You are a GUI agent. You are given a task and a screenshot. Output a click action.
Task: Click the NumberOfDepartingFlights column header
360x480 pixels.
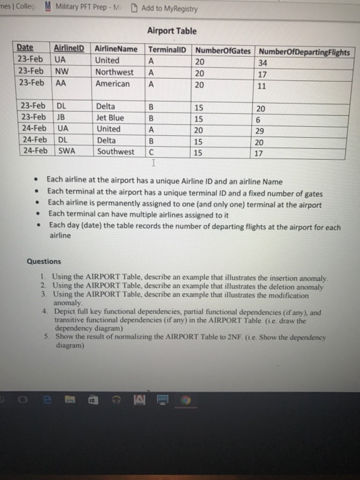tap(304, 52)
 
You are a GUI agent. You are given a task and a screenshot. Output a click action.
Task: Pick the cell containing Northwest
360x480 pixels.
tap(115, 72)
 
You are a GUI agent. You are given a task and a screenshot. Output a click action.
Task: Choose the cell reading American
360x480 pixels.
tap(112, 84)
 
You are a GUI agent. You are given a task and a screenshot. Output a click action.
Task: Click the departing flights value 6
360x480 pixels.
tap(258, 118)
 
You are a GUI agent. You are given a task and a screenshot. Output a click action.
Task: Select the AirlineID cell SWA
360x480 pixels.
tap(66, 151)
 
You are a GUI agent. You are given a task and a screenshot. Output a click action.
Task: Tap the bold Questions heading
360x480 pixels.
tap(43, 261)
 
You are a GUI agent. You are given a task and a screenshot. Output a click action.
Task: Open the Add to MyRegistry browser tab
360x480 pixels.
tap(165, 9)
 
